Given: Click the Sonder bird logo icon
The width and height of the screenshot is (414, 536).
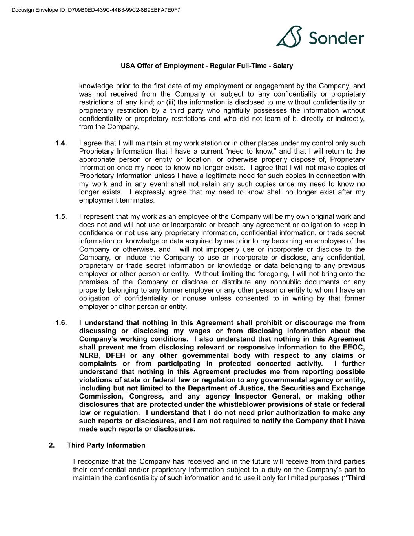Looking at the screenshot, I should pyautogui.click(x=289, y=37).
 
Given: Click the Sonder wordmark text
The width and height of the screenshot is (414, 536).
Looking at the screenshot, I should pyautogui.click(x=336, y=38).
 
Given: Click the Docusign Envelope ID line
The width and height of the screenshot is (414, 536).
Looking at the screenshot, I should pyautogui.click(x=96, y=10).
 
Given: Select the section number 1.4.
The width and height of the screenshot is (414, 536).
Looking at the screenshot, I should pyautogui.click(x=61, y=143).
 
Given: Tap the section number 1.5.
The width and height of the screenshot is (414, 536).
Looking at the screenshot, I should pyautogui.click(x=61, y=217).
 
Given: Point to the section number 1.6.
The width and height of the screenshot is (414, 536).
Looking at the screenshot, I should pyautogui.click(x=61, y=323).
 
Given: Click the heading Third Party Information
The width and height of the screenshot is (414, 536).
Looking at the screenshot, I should pyautogui.click(x=106, y=445).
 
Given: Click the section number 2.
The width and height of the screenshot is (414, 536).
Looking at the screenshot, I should pyautogui.click(x=52, y=445).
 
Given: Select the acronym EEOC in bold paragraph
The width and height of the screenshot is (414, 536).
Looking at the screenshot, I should pyautogui.click(x=354, y=348).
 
